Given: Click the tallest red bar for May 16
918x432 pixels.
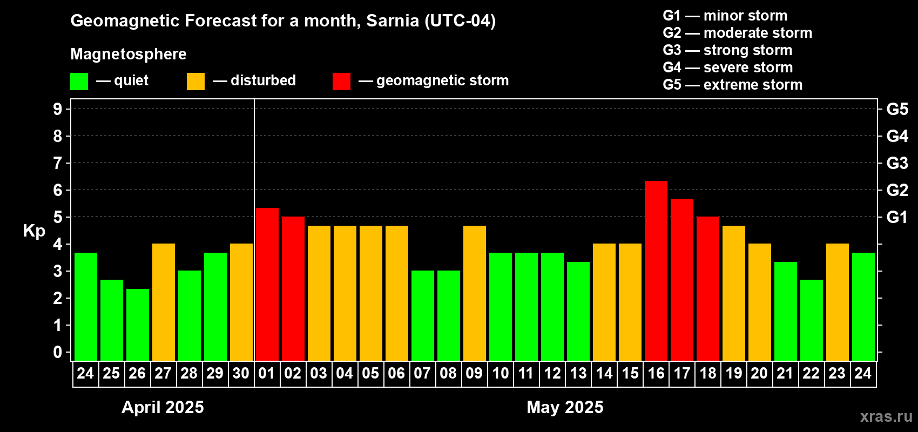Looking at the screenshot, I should (x=656, y=270).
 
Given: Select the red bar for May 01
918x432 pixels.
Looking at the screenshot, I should (x=267, y=283).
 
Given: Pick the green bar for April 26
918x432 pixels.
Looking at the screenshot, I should (x=137, y=324).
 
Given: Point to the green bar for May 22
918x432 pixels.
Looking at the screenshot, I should (x=811, y=320).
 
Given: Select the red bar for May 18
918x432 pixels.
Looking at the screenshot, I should (x=708, y=288).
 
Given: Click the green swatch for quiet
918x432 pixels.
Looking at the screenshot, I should (x=79, y=82).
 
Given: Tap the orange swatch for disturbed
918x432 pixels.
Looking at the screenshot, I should (x=195, y=82).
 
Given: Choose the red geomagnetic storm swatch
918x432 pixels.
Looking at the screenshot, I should (x=341, y=82).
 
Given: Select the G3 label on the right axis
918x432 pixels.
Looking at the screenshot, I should (x=897, y=163).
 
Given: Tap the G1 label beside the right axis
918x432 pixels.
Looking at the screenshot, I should (x=897, y=217).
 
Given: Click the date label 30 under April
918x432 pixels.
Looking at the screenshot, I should (x=241, y=373).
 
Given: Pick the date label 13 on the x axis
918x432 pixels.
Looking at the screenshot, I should (x=578, y=373).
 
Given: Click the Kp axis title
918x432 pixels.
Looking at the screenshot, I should (x=34, y=231).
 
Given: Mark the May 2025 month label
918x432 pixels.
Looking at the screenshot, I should (x=565, y=407).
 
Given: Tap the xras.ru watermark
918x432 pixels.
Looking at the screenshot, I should (x=886, y=416).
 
